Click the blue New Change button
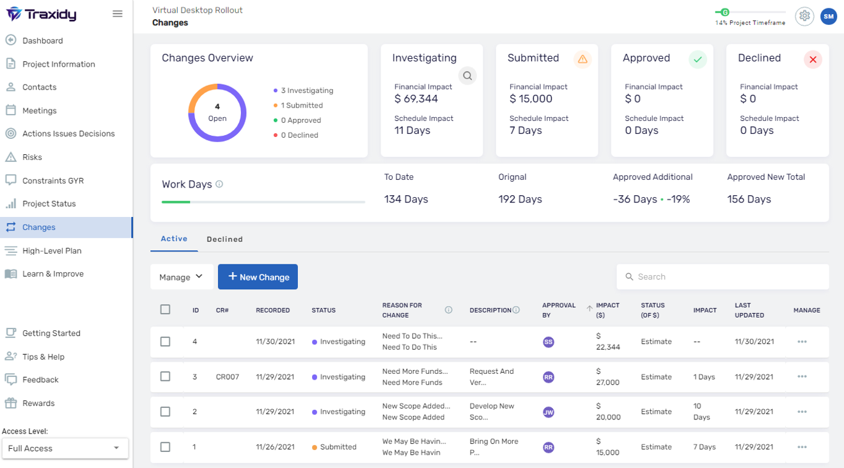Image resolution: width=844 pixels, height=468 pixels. pos(258,277)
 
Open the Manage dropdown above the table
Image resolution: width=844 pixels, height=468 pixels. pos(182,277)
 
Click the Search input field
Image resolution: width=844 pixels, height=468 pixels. pos(723,277)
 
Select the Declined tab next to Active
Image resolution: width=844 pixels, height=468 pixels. pos(224,239)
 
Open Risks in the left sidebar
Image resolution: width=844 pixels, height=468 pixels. pos(32,157)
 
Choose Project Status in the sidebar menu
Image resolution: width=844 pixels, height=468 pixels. pos(49,204)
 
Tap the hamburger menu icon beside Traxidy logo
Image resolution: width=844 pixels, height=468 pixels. pos(118,13)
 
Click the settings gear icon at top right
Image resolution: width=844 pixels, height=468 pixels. pos(804,16)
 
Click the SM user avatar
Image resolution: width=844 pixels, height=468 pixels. pos(829,17)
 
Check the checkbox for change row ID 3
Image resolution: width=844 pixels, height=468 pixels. pos(166,376)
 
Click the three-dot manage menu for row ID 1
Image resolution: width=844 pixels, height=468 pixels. pos(802,447)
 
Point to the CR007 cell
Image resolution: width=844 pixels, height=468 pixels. pos(228,377)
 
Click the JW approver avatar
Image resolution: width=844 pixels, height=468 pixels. pos(548,412)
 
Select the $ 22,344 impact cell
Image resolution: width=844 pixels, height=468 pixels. pos(607,341)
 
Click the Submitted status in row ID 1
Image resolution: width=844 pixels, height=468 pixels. pos(338,447)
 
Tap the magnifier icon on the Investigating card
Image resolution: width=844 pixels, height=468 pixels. pos(467,76)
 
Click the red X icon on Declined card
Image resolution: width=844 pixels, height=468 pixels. pos(813,60)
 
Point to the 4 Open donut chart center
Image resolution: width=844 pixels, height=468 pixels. pos(217,113)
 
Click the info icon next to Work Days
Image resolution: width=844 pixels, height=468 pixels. pos(219,184)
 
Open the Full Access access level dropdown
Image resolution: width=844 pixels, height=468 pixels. pos(64,448)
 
